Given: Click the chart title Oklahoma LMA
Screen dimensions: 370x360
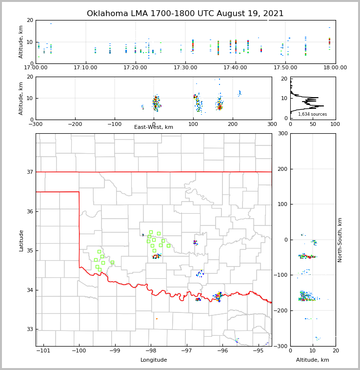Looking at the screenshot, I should [x=185, y=14].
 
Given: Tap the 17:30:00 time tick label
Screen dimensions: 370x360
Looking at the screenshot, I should [x=185, y=67].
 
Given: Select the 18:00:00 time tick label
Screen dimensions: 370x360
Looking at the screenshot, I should [x=335, y=67].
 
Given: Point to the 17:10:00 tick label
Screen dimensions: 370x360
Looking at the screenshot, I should [x=86, y=67].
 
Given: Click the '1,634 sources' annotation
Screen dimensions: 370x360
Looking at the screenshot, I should [x=312, y=114].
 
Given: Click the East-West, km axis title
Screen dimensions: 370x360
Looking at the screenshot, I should [x=154, y=127].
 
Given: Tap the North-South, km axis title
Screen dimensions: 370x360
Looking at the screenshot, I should [x=340, y=240].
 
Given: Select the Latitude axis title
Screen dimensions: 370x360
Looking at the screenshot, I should [x=21, y=240].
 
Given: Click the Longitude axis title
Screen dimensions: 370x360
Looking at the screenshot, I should [x=154, y=360].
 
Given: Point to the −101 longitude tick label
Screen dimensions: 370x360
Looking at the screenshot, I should [x=44, y=350].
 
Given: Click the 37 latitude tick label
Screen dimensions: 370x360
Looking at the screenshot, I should [x=29, y=172].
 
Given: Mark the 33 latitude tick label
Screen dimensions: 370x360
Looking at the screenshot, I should [x=29, y=329].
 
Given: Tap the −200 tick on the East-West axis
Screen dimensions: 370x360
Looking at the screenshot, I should [x=75, y=124].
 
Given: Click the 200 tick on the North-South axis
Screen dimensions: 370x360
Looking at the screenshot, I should [x=282, y=169].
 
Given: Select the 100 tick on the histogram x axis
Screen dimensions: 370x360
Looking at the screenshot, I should [x=335, y=124].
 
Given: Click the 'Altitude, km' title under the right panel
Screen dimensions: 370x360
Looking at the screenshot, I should [x=312, y=360].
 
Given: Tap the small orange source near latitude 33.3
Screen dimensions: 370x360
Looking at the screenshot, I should [x=157, y=319].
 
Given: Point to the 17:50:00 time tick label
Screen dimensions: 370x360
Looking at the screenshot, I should [x=285, y=67].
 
